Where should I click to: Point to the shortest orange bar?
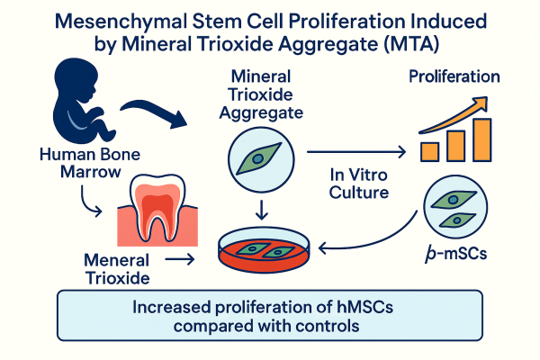pyautogui.click(x=429, y=150)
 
